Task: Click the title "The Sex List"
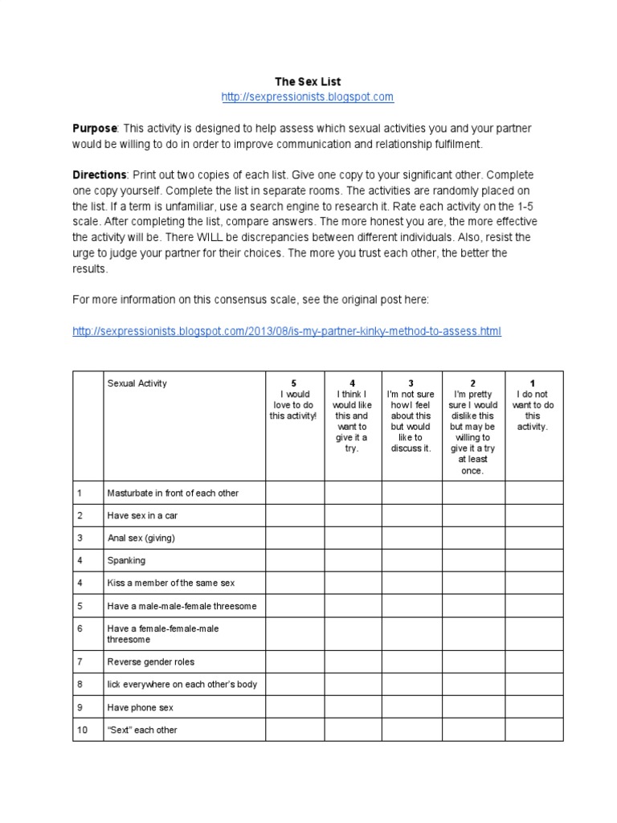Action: click(308, 81)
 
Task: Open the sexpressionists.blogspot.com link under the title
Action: click(308, 97)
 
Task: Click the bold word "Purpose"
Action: click(96, 129)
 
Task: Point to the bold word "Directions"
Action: click(100, 174)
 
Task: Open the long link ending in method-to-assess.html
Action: click(287, 330)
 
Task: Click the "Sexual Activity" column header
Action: click(137, 383)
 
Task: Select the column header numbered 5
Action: click(294, 399)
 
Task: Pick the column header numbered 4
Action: click(353, 416)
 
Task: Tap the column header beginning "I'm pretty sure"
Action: click(473, 426)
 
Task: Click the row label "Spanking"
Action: click(126, 560)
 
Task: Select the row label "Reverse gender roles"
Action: click(151, 661)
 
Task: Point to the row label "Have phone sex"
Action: click(140, 707)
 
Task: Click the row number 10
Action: click(83, 730)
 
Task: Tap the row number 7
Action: click(80, 661)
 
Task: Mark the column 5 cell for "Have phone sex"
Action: click(294, 707)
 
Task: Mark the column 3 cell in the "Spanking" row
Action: click(411, 560)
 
